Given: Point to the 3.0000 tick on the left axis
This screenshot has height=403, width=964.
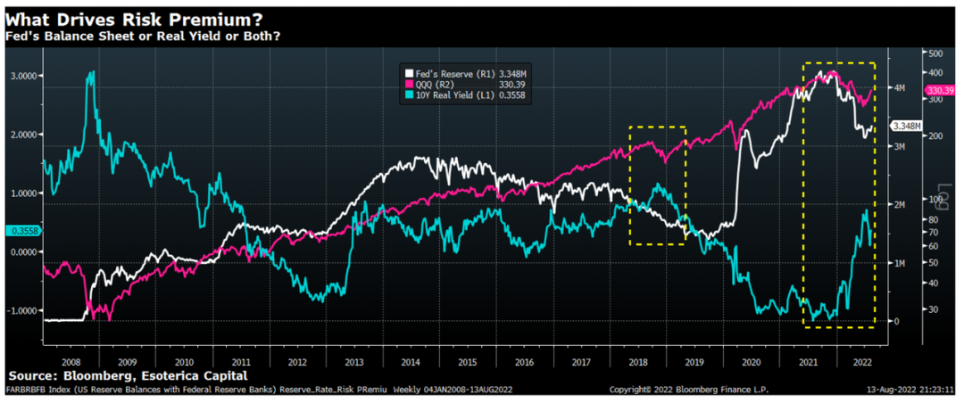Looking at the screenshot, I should [x=22, y=76].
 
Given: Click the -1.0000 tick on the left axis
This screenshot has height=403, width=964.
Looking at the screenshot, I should [x=21, y=310].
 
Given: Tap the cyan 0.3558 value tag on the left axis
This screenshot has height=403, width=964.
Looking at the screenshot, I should [x=20, y=231].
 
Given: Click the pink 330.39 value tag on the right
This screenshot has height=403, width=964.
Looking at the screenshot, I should [x=941, y=91].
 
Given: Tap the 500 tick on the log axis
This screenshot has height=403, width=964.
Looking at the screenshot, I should [x=936, y=53].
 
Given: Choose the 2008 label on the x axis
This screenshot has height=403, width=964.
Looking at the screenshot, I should [x=71, y=363].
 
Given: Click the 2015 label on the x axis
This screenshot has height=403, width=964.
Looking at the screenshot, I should [x=468, y=363].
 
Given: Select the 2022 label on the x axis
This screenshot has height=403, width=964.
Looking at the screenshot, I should [x=863, y=363].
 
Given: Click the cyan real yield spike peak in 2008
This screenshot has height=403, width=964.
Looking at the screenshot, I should [x=90, y=74].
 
